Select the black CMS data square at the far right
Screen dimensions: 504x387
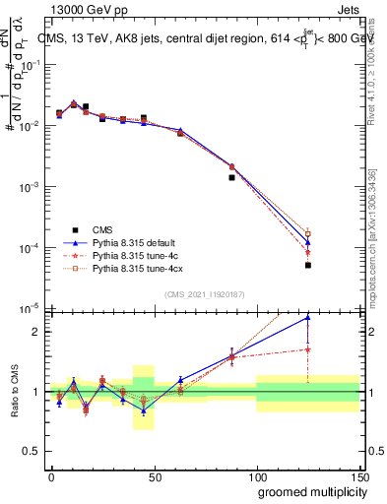point(308,265)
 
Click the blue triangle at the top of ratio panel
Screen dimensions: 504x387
point(308,317)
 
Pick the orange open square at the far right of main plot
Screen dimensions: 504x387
point(308,233)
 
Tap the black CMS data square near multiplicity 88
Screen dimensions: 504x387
point(231,177)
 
